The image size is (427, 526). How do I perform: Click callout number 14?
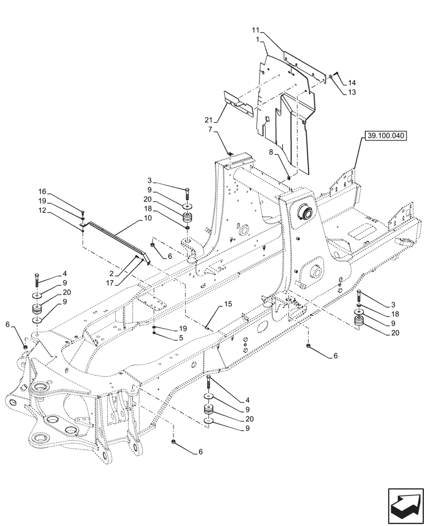point(352,83)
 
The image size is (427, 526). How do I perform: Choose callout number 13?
point(352,92)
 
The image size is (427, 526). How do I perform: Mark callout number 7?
point(210,129)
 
